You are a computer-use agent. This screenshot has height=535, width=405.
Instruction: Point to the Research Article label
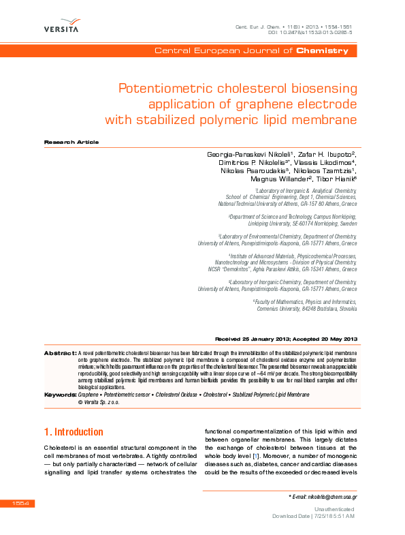[x=71, y=142]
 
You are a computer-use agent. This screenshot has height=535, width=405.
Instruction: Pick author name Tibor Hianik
[x=334, y=179]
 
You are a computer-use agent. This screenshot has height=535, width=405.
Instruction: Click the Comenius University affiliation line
[x=306, y=308]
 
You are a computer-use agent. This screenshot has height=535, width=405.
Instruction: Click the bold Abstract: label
[x=59, y=353]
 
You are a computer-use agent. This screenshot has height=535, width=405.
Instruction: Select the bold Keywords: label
[x=59, y=395]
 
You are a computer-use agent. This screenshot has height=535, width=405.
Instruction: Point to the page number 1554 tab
[x=17, y=504]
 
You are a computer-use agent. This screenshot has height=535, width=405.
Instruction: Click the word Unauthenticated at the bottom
[x=334, y=509]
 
